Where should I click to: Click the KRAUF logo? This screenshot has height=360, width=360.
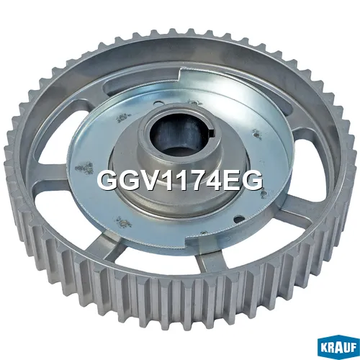tap(338, 346)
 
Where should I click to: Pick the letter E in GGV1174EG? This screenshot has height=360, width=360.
tap(234, 180)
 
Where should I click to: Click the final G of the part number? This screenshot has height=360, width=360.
tap(253, 180)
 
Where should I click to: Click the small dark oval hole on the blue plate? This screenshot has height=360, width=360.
tap(238, 218)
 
